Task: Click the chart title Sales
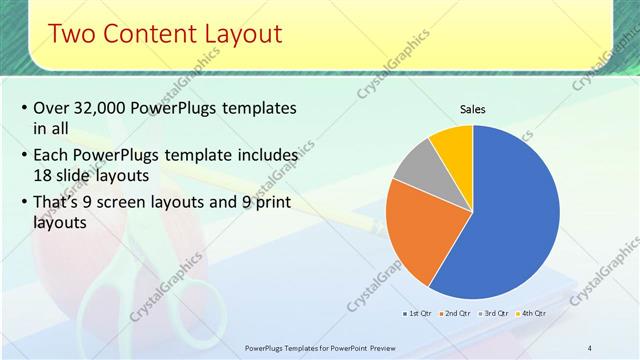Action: click(x=473, y=109)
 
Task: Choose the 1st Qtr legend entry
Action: click(x=419, y=313)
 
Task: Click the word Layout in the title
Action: click(x=238, y=34)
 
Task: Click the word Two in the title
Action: click(x=72, y=34)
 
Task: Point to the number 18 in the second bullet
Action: click(x=43, y=174)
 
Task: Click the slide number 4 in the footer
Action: click(x=589, y=347)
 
